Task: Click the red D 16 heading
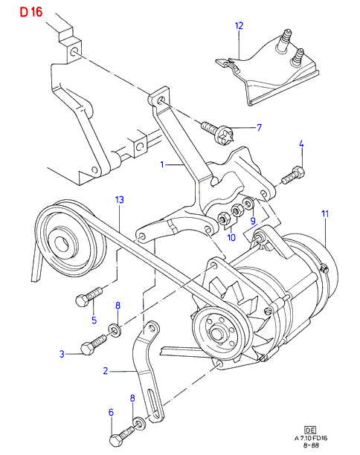point(31,12)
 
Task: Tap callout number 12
point(239,26)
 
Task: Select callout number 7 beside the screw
point(260,127)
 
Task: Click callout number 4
point(301,144)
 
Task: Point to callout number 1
point(162,164)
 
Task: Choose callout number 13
point(119,200)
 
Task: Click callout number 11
point(325,214)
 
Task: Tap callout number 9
point(253,221)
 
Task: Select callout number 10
point(231,237)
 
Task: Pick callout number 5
point(94,320)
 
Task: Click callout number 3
point(62,354)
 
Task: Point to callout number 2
point(106,370)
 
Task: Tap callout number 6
point(111,413)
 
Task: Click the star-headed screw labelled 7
point(217,133)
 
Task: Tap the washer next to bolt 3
point(115,331)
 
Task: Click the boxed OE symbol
point(310,430)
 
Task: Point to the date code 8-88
point(311,445)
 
